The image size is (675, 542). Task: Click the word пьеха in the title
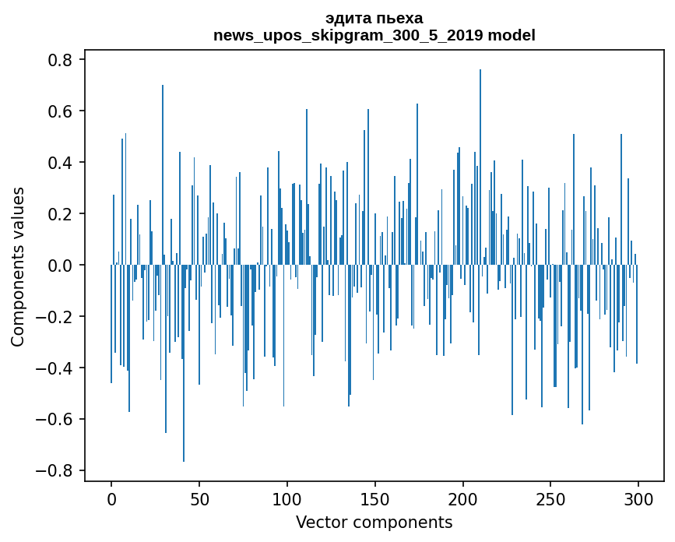point(399,19)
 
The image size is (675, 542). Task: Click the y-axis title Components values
point(18,266)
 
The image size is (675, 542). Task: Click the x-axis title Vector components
point(374,522)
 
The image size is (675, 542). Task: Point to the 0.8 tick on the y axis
point(62,60)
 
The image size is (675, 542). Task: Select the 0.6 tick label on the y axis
point(62,111)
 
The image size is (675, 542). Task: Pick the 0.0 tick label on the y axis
point(62,266)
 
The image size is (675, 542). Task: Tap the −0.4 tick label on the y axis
point(56,368)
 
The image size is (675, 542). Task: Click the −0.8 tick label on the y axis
point(56,470)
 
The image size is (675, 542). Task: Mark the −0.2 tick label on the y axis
point(56,317)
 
